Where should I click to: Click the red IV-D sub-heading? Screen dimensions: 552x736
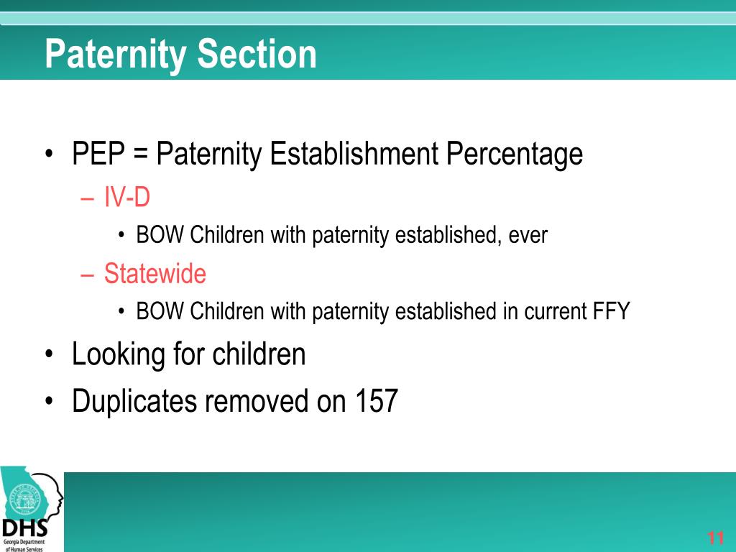click(126, 196)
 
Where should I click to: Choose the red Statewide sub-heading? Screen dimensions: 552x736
click(155, 274)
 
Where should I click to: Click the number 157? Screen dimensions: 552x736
click(376, 401)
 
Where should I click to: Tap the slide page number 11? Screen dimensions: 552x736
click(715, 538)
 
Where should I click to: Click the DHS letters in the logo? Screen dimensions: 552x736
click(22, 528)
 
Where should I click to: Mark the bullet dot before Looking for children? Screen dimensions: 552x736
click(49, 355)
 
